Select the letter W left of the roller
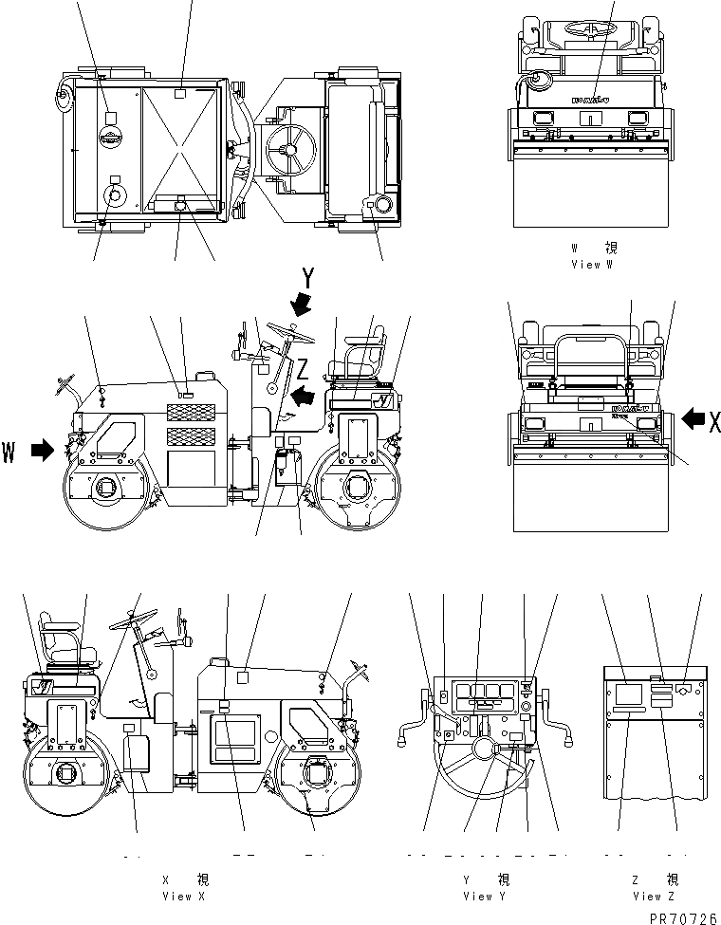coord(10,451)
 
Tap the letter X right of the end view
coord(712,421)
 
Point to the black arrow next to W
coord(43,452)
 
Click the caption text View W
coord(594,265)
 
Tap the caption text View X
coord(182,896)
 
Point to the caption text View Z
coord(655,896)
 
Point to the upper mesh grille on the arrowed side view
coord(192,413)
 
